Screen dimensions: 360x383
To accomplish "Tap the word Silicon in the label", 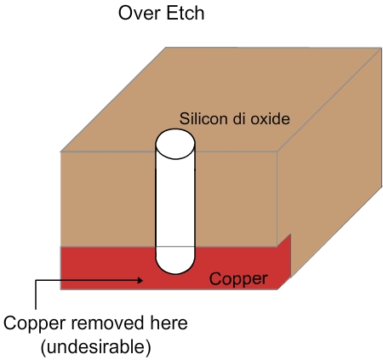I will [x=204, y=119].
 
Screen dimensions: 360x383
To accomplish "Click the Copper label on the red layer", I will [x=239, y=279].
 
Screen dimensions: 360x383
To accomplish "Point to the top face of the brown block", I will [x=221, y=94].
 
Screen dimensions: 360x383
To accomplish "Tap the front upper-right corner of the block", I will [x=278, y=151].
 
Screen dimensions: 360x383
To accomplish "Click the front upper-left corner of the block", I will [x=60, y=151].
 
